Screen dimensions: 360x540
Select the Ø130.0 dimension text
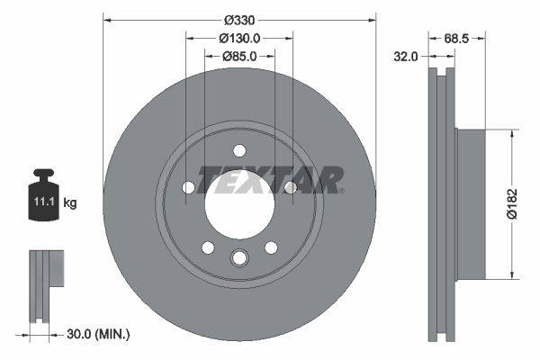pos(239,38)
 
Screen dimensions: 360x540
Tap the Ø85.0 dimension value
pos(239,56)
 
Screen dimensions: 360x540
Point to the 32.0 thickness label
pos(407,56)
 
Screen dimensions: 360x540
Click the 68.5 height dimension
pos(459,38)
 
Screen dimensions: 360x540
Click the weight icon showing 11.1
pos(42,193)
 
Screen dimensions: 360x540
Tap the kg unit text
pos(70,202)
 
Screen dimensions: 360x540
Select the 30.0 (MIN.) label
pos(99,334)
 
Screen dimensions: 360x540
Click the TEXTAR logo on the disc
pos(270,179)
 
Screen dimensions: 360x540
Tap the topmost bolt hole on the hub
pos(239,151)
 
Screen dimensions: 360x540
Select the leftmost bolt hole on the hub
pos(188,187)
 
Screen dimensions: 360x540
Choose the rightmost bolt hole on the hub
pos(290,187)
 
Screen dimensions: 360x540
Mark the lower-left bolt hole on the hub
pos(208,247)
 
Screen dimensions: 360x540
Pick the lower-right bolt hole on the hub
pos(270,247)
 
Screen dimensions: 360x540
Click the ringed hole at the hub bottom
pos(239,258)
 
